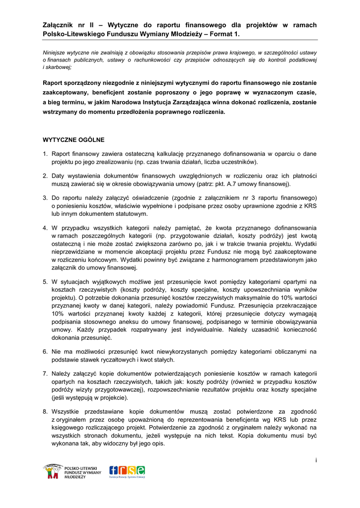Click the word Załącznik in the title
click(x=60, y=25)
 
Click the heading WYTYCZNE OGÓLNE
click(x=73, y=140)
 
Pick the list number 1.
click(x=45, y=154)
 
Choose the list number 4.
click(x=45, y=228)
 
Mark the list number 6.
click(x=45, y=352)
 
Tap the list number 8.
click(x=45, y=412)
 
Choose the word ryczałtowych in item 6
click(x=114, y=360)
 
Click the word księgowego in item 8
click(x=68, y=428)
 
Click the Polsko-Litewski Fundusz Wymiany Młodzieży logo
click(x=72, y=472)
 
